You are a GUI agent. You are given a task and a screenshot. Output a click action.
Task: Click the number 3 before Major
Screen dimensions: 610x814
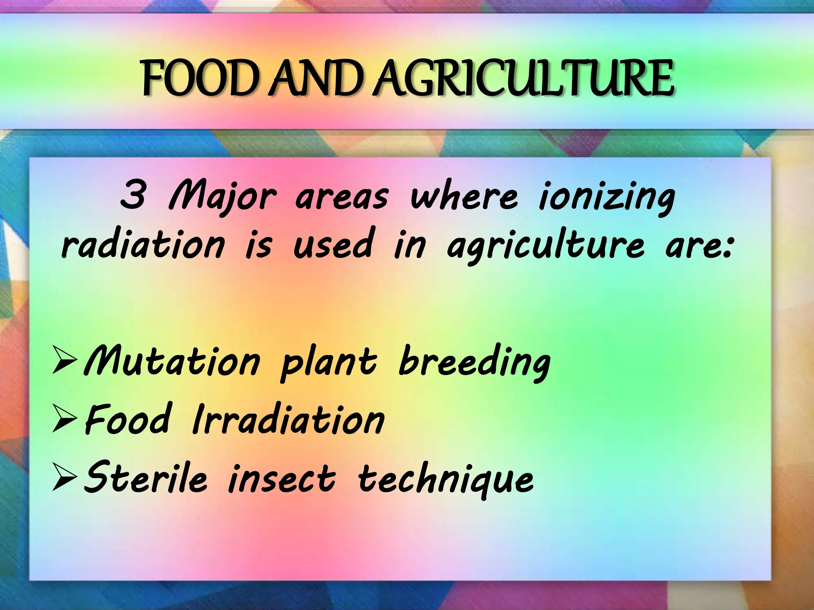point(133,196)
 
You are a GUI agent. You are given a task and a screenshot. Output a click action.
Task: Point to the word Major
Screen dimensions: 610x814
point(222,197)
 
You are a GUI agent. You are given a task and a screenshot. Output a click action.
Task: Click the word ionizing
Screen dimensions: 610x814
point(607,197)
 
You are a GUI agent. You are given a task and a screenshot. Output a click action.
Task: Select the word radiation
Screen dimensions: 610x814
point(143,243)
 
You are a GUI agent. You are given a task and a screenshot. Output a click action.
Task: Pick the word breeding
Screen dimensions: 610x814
point(474,361)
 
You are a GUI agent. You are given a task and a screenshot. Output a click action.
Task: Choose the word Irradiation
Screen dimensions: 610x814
point(288,419)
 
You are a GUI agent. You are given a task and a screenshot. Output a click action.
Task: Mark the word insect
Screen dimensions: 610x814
point(282,479)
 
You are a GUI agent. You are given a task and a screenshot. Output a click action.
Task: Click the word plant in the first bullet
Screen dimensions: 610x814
point(328,362)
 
